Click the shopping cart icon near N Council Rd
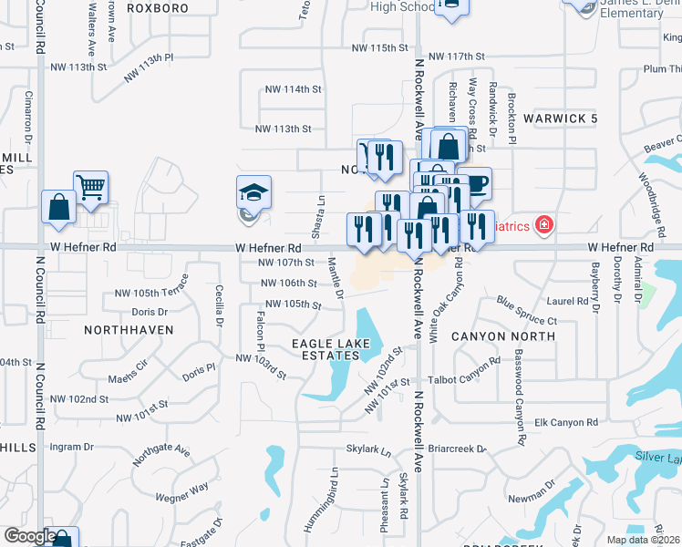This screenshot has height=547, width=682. tap(90, 189)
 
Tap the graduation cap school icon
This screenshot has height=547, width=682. tap(253, 193)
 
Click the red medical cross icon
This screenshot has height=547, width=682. tap(544, 223)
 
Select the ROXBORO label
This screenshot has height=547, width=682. tap(158, 8)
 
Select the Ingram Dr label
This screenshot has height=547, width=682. tap(72, 447)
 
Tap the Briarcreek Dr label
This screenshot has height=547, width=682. tap(457, 449)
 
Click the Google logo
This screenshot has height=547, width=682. tap(30, 536)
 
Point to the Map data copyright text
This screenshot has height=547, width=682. tap(644, 540)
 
